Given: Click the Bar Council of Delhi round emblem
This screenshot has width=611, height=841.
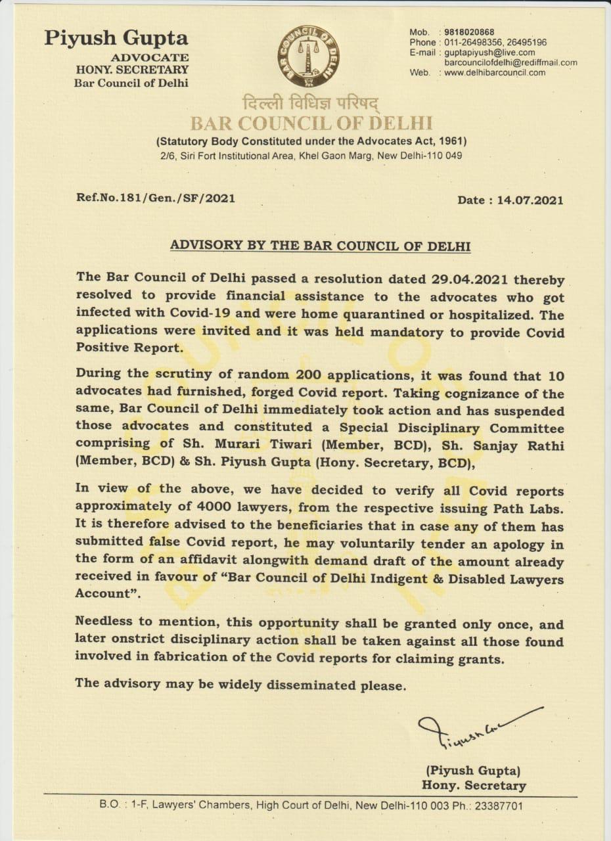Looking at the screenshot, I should pyautogui.click(x=309, y=57).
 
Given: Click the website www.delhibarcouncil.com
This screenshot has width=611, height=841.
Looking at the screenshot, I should pyautogui.click(x=495, y=73).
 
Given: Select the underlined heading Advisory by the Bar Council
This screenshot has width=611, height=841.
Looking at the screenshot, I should pyautogui.click(x=320, y=246).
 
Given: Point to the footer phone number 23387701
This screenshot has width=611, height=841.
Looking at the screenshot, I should pyautogui.click(x=495, y=805).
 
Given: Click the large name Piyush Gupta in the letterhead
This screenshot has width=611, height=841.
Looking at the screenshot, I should pyautogui.click(x=116, y=38).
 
